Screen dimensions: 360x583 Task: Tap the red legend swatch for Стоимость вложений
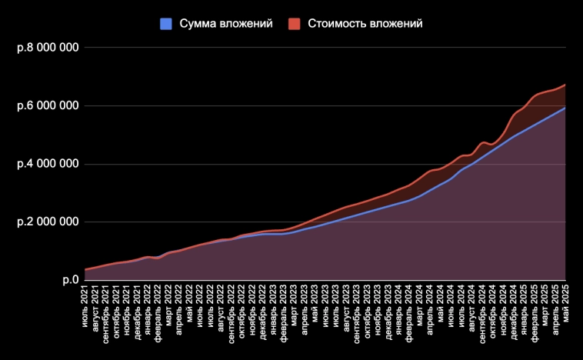pyautogui.click(x=294, y=24)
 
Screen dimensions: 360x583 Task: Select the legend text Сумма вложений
pyautogui.click(x=226, y=24)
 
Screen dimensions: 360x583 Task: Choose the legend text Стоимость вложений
pyautogui.click(x=365, y=24)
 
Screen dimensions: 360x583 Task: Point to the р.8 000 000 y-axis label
pyautogui.click(x=48, y=48)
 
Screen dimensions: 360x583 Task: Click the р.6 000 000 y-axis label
pyautogui.click(x=48, y=105)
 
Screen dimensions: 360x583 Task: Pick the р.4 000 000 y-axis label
pyautogui.click(x=48, y=164)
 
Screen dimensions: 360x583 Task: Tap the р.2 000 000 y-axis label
pyautogui.click(x=48, y=222)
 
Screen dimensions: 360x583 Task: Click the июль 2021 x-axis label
pyautogui.click(x=86, y=305)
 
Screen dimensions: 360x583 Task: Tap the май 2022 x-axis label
pyautogui.click(x=190, y=302)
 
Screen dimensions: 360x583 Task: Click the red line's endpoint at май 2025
pyautogui.click(x=565, y=85)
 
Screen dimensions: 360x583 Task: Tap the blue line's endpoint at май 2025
pyautogui.click(x=565, y=108)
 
